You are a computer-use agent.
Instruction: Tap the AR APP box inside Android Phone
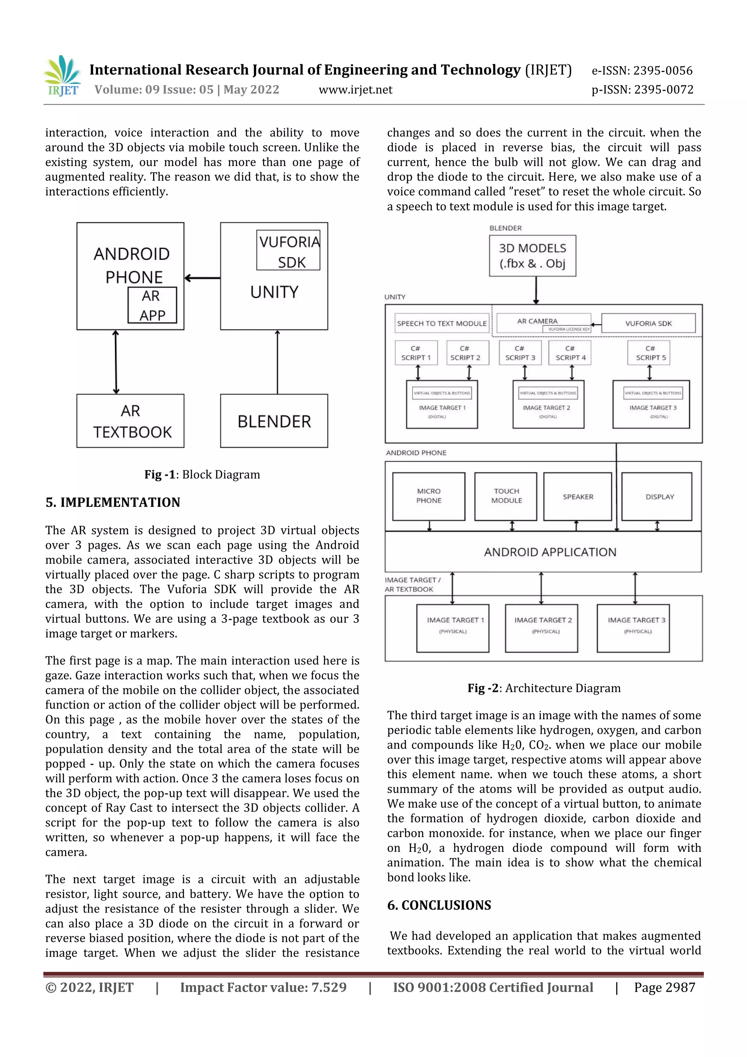(x=152, y=305)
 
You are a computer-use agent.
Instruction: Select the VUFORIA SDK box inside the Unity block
(x=289, y=250)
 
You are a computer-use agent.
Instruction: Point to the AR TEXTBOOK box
(x=131, y=421)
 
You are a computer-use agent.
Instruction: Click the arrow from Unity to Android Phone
(x=202, y=278)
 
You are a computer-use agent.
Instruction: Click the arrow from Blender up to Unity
(x=277, y=362)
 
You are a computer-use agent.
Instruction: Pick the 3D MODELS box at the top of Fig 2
(x=533, y=256)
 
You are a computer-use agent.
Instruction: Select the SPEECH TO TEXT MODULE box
(x=442, y=324)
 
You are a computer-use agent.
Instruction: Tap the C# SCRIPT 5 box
(x=649, y=353)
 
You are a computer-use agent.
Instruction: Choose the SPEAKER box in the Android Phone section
(x=578, y=497)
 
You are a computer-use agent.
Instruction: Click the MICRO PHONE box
(x=429, y=496)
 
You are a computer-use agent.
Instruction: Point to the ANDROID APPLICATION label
(x=550, y=552)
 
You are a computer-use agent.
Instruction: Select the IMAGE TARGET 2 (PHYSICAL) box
(x=541, y=628)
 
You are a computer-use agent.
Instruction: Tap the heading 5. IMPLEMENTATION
(x=113, y=502)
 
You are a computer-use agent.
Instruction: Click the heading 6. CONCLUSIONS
(x=439, y=906)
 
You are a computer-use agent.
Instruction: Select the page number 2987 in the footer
(x=664, y=987)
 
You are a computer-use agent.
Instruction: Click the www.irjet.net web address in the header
(x=355, y=90)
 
